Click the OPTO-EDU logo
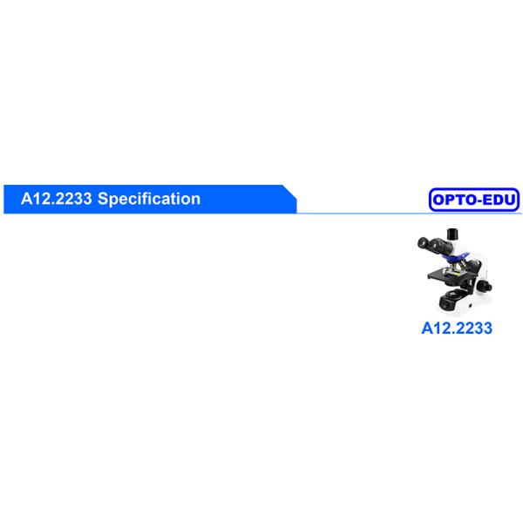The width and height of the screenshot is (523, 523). [474, 200]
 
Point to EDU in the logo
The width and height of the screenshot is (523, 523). [500, 200]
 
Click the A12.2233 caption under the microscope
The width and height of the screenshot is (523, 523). [457, 329]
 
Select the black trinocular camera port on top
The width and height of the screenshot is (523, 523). [453, 233]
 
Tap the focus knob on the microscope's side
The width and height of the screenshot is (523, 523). [487, 286]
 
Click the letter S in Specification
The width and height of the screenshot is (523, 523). [102, 199]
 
